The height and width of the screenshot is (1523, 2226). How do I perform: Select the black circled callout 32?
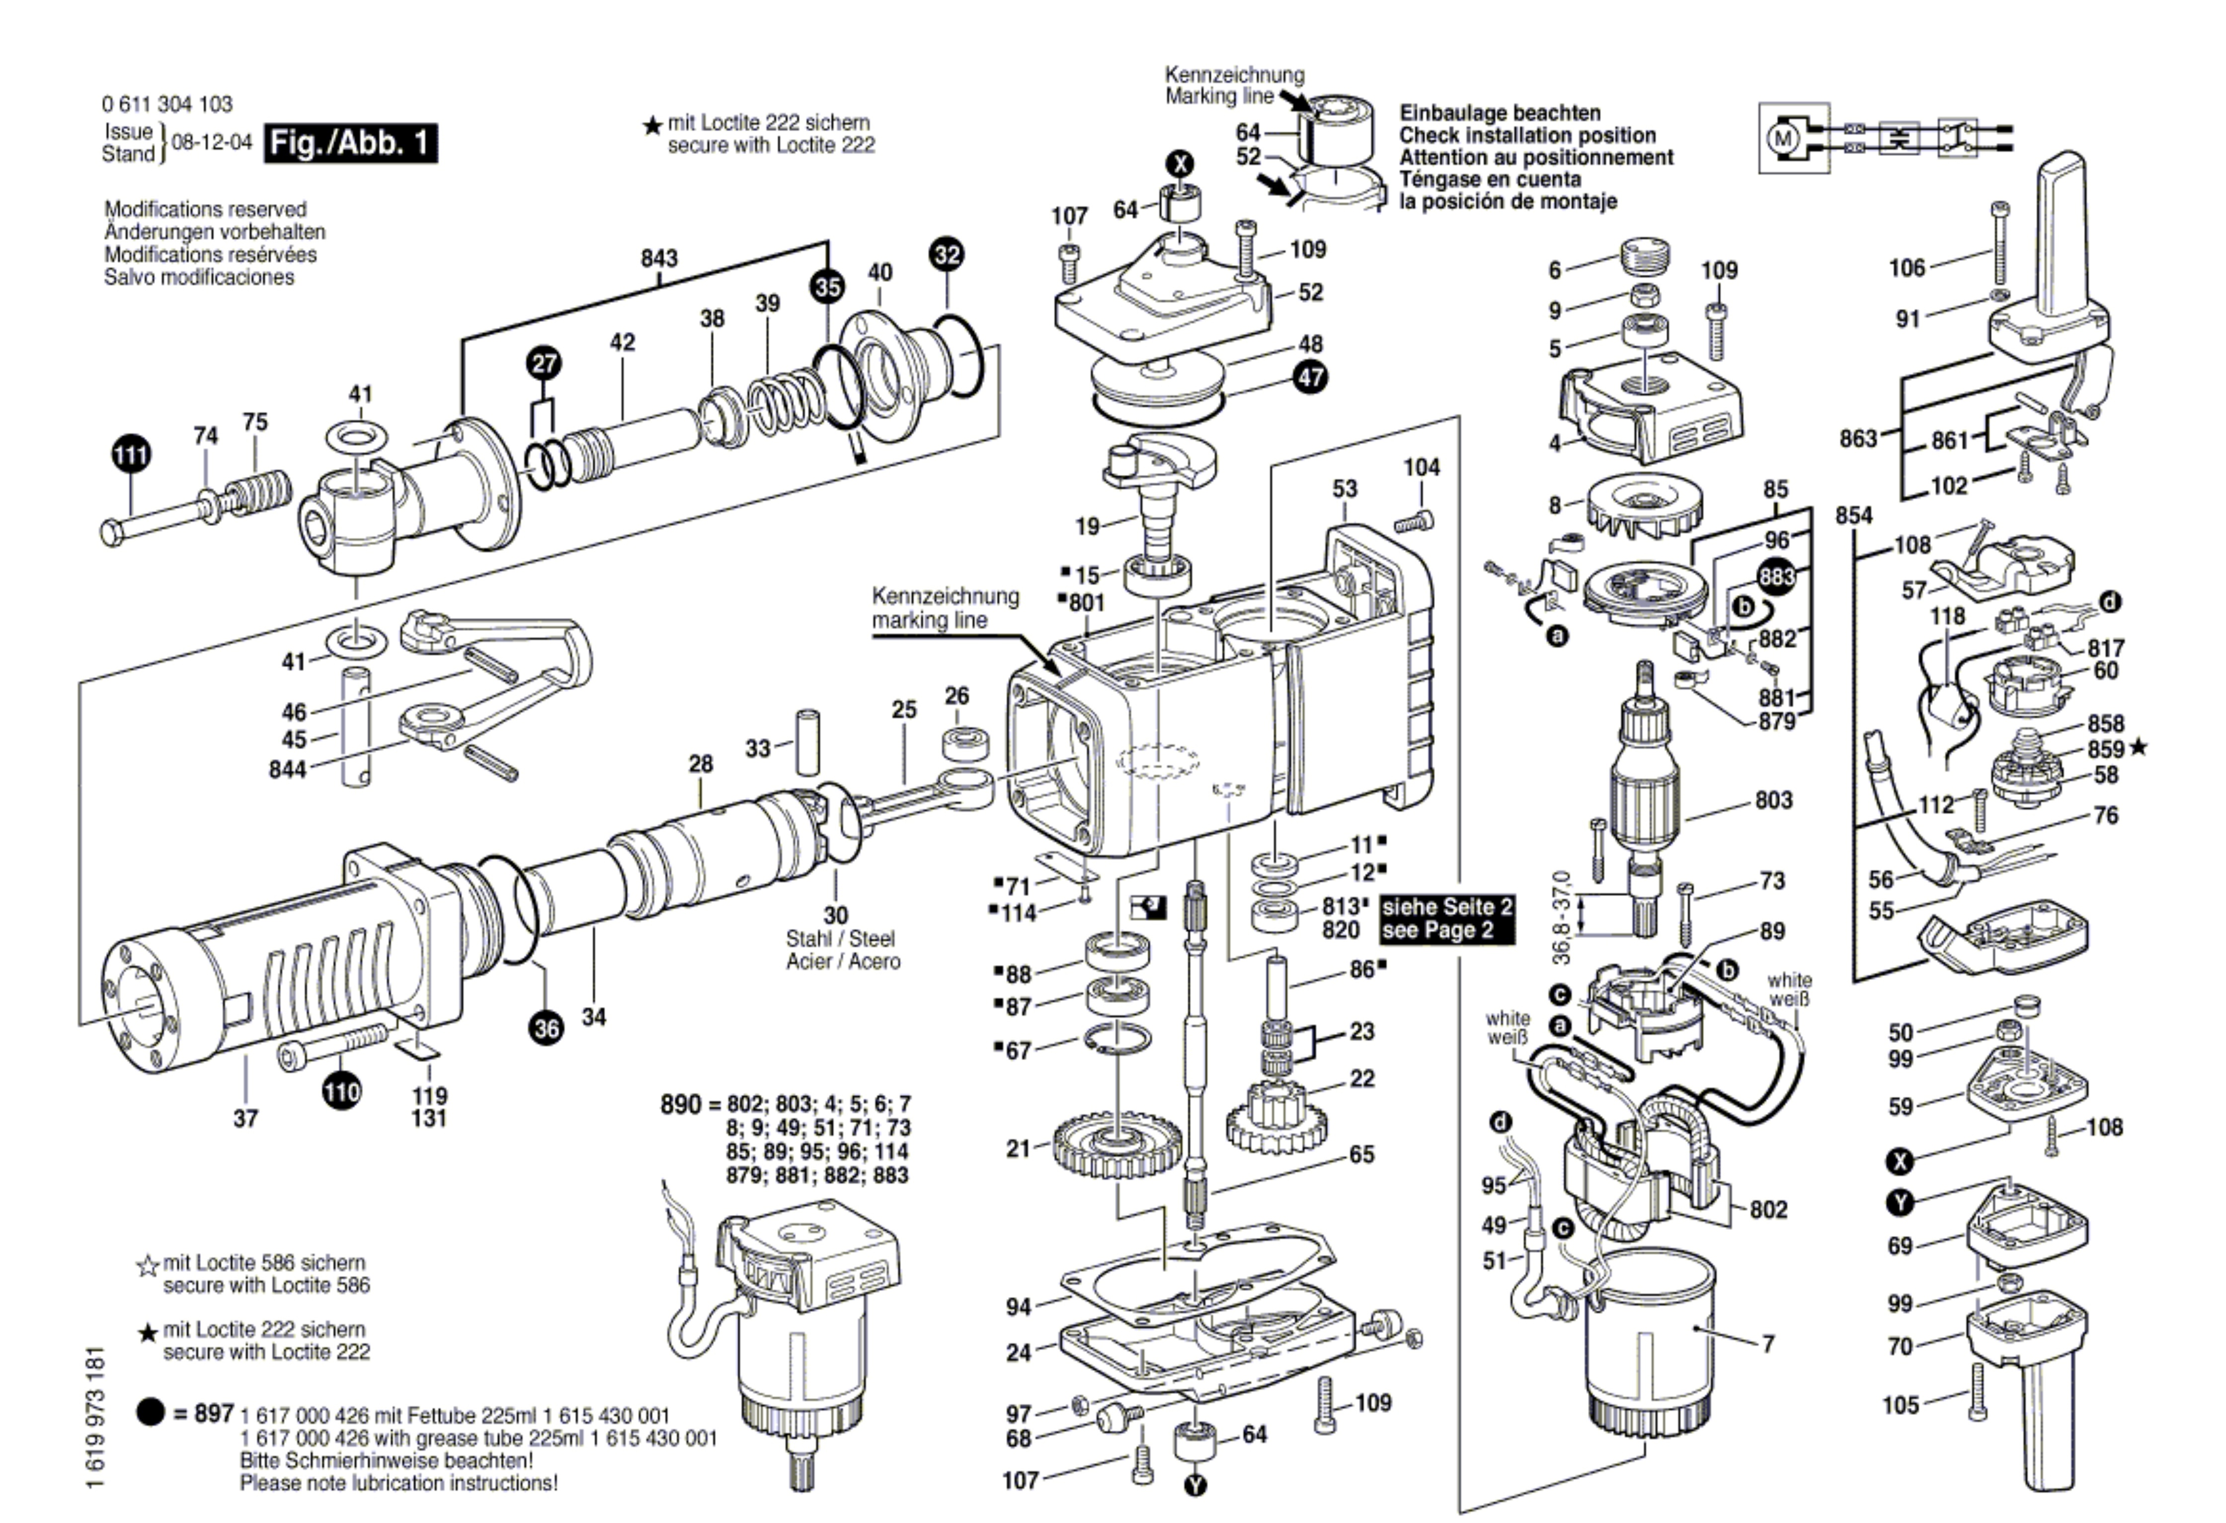pos(947,255)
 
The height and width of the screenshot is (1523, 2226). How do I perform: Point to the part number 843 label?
pos(659,258)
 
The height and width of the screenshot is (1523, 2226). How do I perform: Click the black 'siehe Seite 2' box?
pos(1447,917)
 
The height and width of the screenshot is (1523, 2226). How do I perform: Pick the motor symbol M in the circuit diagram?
pos(1782,138)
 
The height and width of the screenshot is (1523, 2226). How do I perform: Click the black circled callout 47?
pos(1310,377)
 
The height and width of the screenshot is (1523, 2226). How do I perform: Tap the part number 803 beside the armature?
pos(1774,800)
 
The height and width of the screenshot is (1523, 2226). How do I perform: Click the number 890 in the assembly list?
pos(680,1104)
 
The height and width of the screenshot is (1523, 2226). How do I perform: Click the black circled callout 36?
pos(546,1029)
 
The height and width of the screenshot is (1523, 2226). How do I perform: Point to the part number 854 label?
pos(1853,515)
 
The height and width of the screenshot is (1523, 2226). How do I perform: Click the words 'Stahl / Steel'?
pos(840,939)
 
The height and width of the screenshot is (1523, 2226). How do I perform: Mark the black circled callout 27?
pos(544,363)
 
